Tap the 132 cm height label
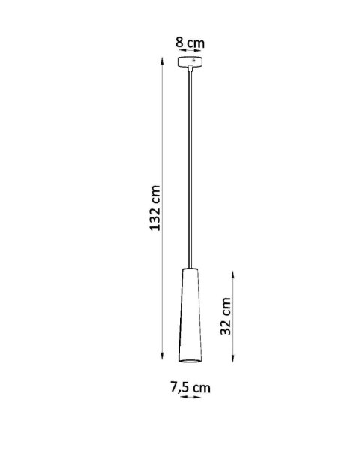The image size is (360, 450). point(155,208)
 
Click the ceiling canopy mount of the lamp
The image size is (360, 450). point(191,63)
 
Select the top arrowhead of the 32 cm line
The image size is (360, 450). point(235,271)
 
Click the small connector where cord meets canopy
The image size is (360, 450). point(191,70)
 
